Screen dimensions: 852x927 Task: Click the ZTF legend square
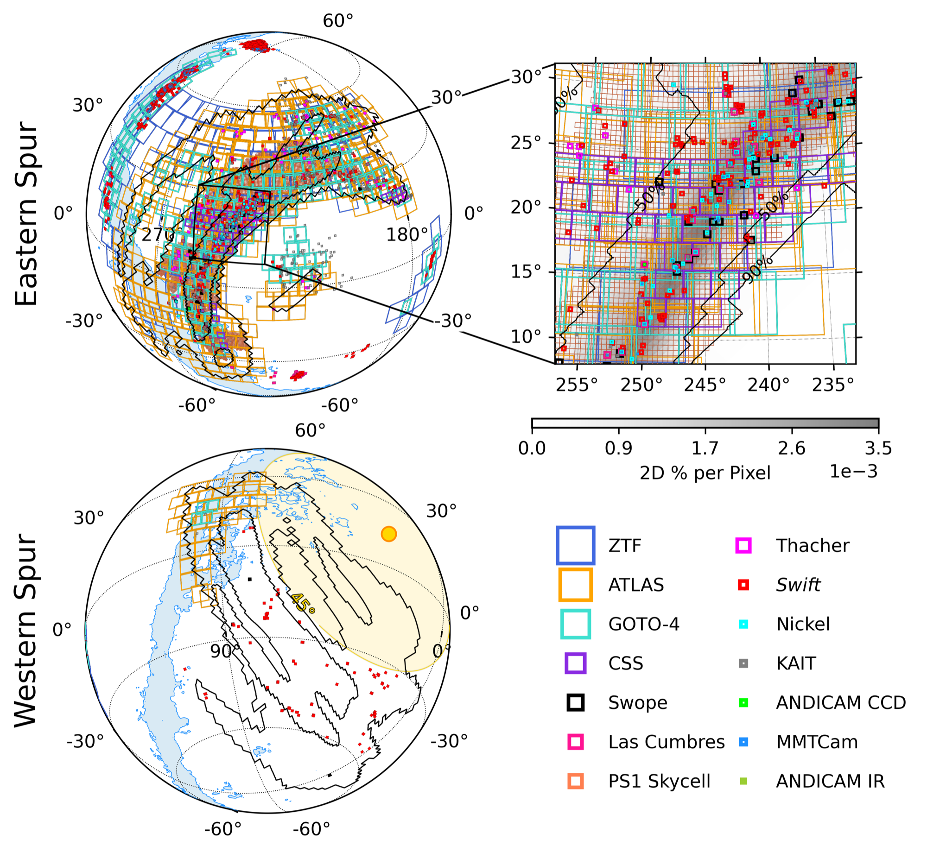(575, 545)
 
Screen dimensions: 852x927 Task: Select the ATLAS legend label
(636, 585)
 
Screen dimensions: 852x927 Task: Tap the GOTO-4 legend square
(575, 624)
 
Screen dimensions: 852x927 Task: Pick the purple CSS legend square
(575, 663)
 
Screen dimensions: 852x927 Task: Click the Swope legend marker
(575, 702)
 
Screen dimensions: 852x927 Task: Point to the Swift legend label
(798, 585)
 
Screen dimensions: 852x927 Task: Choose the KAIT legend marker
(743, 663)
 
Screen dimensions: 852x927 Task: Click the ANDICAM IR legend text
(830, 781)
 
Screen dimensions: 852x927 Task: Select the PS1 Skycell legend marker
(575, 781)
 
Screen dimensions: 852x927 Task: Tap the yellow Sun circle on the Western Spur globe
(389, 534)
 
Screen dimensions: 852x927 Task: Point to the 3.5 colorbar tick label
(878, 448)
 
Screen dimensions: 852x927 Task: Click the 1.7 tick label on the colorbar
(705, 448)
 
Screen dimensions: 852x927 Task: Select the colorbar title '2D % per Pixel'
(705, 473)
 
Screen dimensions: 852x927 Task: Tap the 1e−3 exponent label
(853, 472)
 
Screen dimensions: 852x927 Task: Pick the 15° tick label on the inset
(525, 272)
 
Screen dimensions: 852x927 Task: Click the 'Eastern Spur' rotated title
(26, 213)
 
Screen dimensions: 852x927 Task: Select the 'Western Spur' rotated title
(26, 631)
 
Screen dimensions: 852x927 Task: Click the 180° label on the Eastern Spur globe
(407, 235)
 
